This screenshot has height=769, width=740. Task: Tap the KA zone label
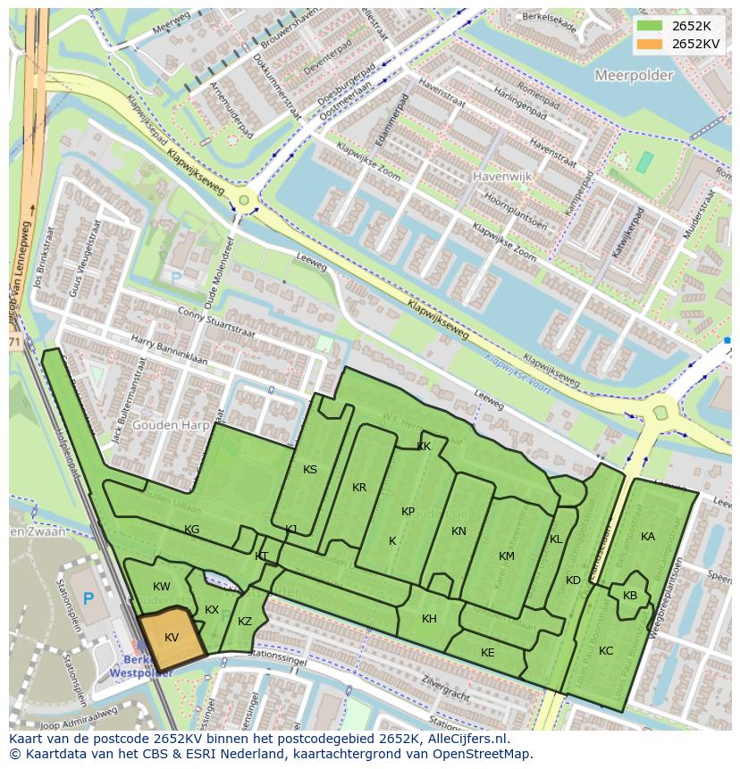pyautogui.click(x=648, y=537)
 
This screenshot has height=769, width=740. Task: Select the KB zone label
pyautogui.click(x=630, y=596)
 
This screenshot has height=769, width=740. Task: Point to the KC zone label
pyautogui.click(x=606, y=651)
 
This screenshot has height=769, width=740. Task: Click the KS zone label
pyautogui.click(x=310, y=470)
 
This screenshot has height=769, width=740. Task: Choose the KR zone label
pyautogui.click(x=359, y=488)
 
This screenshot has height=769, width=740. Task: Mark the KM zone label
pyautogui.click(x=507, y=556)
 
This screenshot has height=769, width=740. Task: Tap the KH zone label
pyautogui.click(x=429, y=619)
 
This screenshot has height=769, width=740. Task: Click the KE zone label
pyautogui.click(x=487, y=653)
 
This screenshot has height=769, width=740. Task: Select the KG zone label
pyautogui.click(x=191, y=530)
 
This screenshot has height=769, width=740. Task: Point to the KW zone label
pyautogui.click(x=162, y=587)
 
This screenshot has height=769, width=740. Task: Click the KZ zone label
pyautogui.click(x=245, y=622)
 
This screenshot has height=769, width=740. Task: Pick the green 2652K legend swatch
pyautogui.click(x=650, y=26)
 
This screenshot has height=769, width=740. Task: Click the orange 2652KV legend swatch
pyautogui.click(x=650, y=44)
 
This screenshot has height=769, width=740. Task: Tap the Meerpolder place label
pyautogui.click(x=634, y=76)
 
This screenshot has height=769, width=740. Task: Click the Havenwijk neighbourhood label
pyautogui.click(x=502, y=177)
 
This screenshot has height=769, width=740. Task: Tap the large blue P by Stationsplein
pyautogui.click(x=88, y=599)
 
